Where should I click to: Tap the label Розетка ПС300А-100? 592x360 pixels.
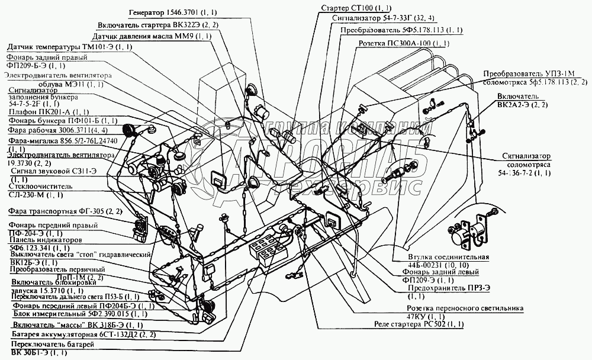click(404, 44)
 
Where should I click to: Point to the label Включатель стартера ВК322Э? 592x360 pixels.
click(159, 25)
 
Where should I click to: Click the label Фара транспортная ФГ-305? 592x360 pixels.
click(65, 210)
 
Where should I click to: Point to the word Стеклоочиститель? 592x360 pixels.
click(41, 185)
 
